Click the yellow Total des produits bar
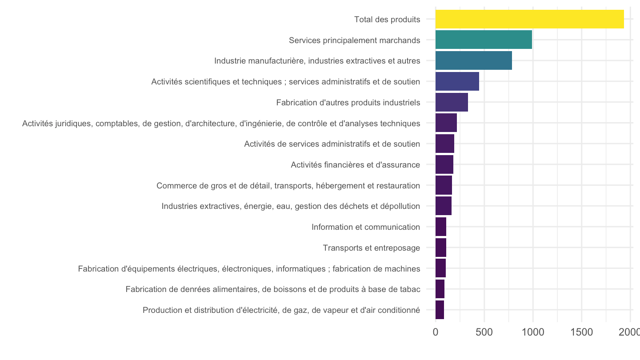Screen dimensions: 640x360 [x=529, y=19]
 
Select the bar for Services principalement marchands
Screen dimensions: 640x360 [x=484, y=40]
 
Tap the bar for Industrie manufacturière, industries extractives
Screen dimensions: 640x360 [x=474, y=60]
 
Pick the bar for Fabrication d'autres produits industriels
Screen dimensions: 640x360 [x=452, y=102]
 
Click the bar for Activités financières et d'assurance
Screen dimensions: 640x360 [x=444, y=164]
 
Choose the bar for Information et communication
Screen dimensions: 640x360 [x=441, y=227]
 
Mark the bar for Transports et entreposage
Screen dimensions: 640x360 [x=441, y=248]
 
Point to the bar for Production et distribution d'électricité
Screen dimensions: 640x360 [x=440, y=310]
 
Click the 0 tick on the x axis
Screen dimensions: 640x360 [x=436, y=332]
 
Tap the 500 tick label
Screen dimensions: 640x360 [x=484, y=332]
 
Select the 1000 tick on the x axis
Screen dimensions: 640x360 [x=533, y=332]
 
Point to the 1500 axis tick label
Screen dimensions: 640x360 [x=582, y=332]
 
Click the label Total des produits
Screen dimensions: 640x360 [x=387, y=20]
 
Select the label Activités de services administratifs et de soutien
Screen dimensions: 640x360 [x=332, y=144]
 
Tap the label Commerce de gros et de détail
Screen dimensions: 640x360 [x=288, y=186]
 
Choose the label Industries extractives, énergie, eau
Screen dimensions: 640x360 [x=291, y=206]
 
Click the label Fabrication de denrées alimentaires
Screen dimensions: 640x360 [x=273, y=289]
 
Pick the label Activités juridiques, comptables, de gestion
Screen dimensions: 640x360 [x=221, y=124]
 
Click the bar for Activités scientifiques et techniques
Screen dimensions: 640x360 [x=457, y=81]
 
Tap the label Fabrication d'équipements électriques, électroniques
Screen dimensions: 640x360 [x=249, y=269]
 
